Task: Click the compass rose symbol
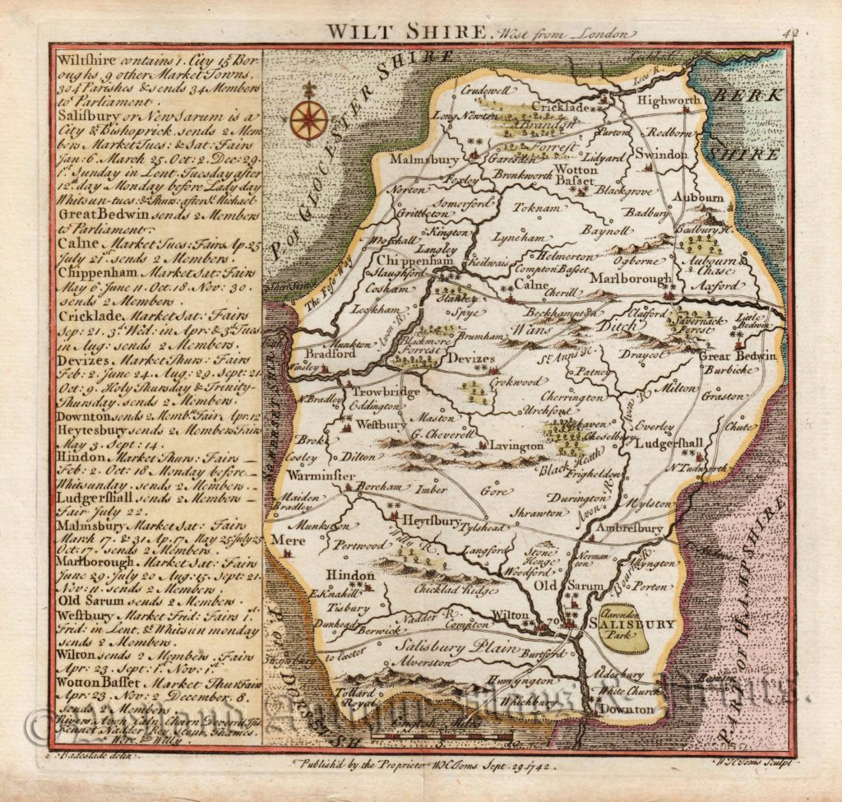(x=309, y=118)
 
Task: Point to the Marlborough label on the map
(x=631, y=279)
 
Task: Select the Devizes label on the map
(x=471, y=359)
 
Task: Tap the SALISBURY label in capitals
(x=633, y=624)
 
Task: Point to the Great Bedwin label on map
(x=738, y=356)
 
